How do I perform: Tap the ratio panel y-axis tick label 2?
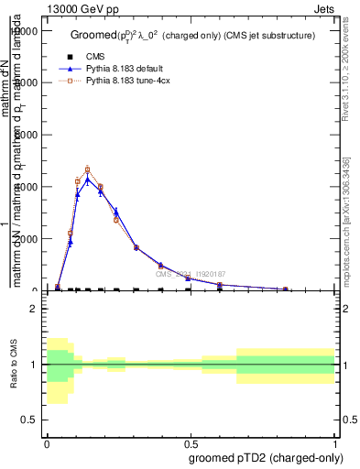(33, 309)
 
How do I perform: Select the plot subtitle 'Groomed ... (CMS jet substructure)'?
(192, 35)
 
